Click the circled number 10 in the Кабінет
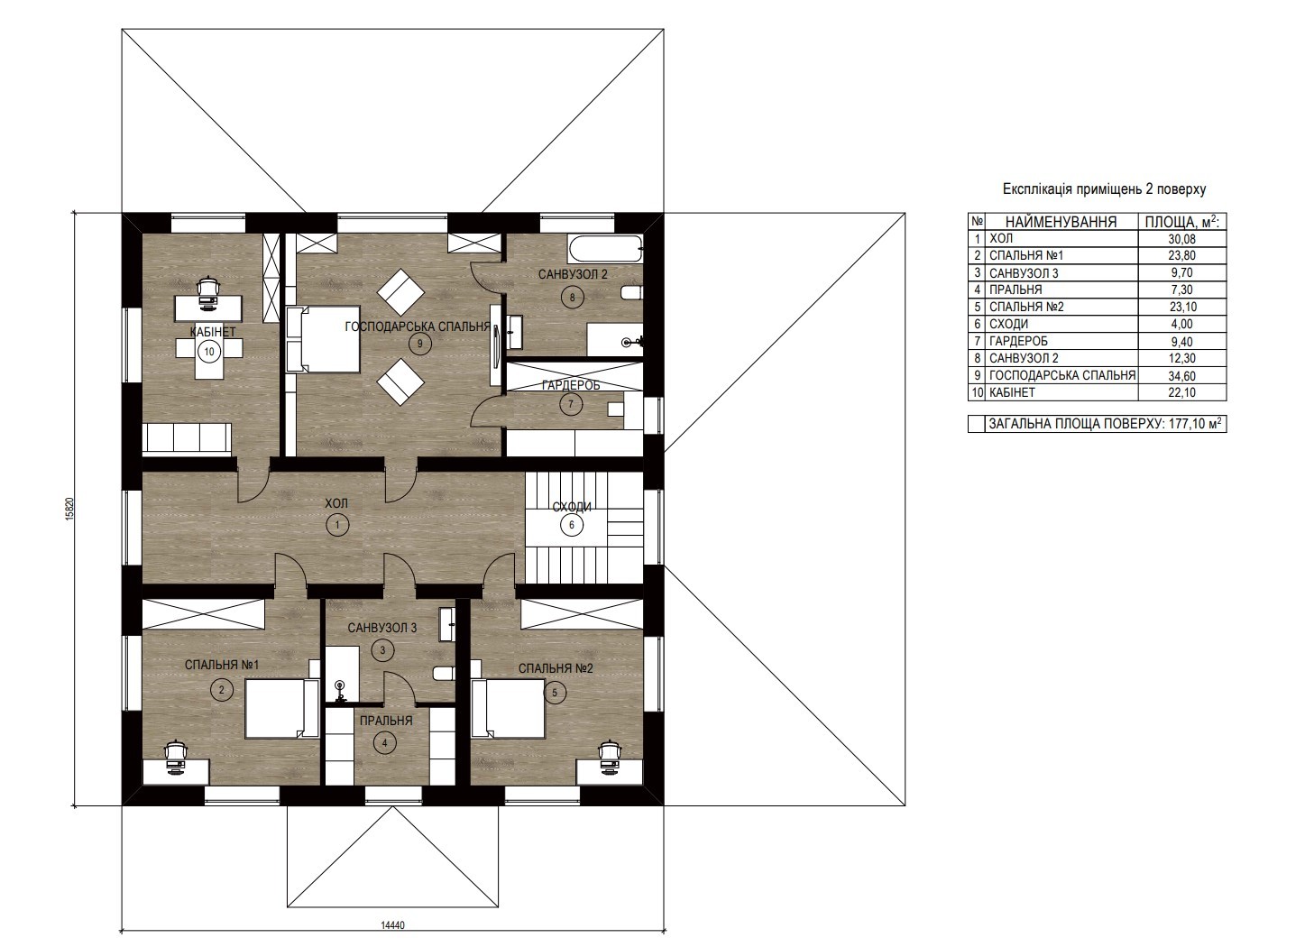pyautogui.click(x=209, y=352)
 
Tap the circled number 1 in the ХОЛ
pyautogui.click(x=337, y=525)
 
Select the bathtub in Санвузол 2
pyautogui.click(x=605, y=249)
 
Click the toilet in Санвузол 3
pyautogui.click(x=445, y=673)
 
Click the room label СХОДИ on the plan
pyautogui.click(x=572, y=507)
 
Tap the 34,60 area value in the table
pyautogui.click(x=1181, y=376)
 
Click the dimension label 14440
pyautogui.click(x=392, y=925)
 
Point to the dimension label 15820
pyautogui.click(x=70, y=508)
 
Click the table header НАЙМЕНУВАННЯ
pyautogui.click(x=1061, y=222)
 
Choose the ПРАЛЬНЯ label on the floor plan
pyautogui.click(x=386, y=721)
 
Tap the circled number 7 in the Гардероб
pyautogui.click(x=571, y=404)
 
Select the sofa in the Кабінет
pyautogui.click(x=187, y=439)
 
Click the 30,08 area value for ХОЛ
pyautogui.click(x=1181, y=239)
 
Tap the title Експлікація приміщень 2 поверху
pyautogui.click(x=1104, y=189)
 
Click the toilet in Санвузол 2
pyautogui.click(x=633, y=292)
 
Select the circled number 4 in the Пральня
pyautogui.click(x=384, y=743)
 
